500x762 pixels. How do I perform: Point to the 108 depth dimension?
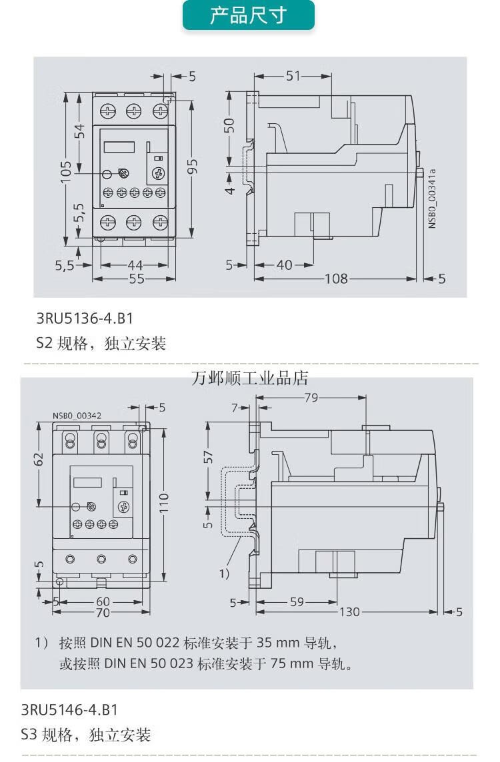[336, 278]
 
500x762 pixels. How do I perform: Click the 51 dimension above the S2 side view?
[293, 76]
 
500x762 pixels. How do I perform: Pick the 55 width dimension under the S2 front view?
[136, 278]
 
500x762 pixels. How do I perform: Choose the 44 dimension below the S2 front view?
[135, 265]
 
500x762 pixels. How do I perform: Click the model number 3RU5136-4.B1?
[80, 319]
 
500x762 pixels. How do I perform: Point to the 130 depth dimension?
[351, 611]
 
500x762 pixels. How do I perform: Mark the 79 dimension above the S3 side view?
[311, 398]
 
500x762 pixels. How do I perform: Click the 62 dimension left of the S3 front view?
[39, 458]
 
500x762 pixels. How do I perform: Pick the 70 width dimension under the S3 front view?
[102, 612]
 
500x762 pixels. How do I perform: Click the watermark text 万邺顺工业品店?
[250, 379]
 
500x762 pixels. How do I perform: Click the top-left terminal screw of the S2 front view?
[108, 111]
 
